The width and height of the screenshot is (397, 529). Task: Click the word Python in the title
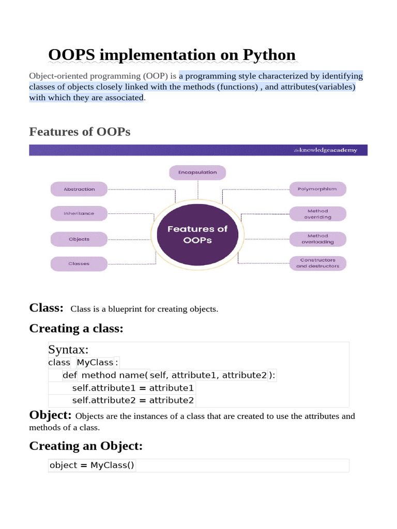pyautogui.click(x=265, y=55)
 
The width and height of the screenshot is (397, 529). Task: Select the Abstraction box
pyautogui.click(x=79, y=189)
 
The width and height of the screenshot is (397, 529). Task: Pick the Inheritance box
pyautogui.click(x=79, y=213)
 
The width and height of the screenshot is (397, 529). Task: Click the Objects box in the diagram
pyautogui.click(x=79, y=239)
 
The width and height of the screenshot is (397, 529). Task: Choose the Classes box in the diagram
pyautogui.click(x=79, y=263)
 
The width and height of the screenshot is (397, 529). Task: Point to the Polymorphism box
pyautogui.click(x=317, y=189)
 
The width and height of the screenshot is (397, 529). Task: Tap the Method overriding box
pyautogui.click(x=317, y=214)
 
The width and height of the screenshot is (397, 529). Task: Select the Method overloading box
pyautogui.click(x=317, y=239)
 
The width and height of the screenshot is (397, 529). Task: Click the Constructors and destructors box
pyautogui.click(x=317, y=263)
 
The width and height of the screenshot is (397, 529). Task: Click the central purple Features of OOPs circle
pyautogui.click(x=197, y=234)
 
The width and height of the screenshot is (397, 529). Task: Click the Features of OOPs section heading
pyautogui.click(x=80, y=132)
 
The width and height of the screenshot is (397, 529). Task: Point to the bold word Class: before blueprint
pyautogui.click(x=47, y=308)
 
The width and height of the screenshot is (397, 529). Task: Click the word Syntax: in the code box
pyautogui.click(x=69, y=350)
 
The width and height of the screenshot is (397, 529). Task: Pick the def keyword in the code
pyautogui.click(x=70, y=375)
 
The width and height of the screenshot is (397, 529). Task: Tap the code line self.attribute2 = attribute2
pyautogui.click(x=133, y=400)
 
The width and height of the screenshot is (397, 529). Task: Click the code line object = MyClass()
pyautogui.click(x=91, y=465)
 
